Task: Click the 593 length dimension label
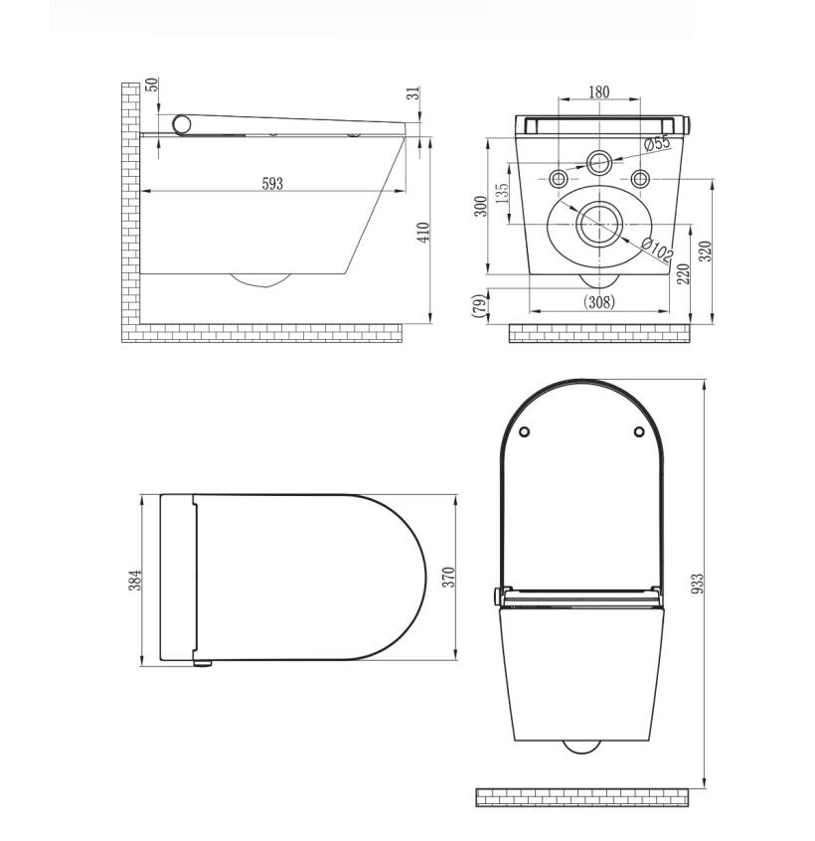click(x=272, y=183)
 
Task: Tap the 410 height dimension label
click(x=422, y=232)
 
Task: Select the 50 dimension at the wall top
click(x=152, y=84)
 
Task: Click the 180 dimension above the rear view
click(x=598, y=92)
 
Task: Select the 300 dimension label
click(x=481, y=207)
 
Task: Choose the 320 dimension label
click(x=706, y=251)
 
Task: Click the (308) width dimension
click(x=598, y=301)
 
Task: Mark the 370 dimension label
click(x=448, y=577)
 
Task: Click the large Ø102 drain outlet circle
click(x=599, y=222)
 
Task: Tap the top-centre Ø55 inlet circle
click(x=599, y=161)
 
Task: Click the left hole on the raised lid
click(x=525, y=430)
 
